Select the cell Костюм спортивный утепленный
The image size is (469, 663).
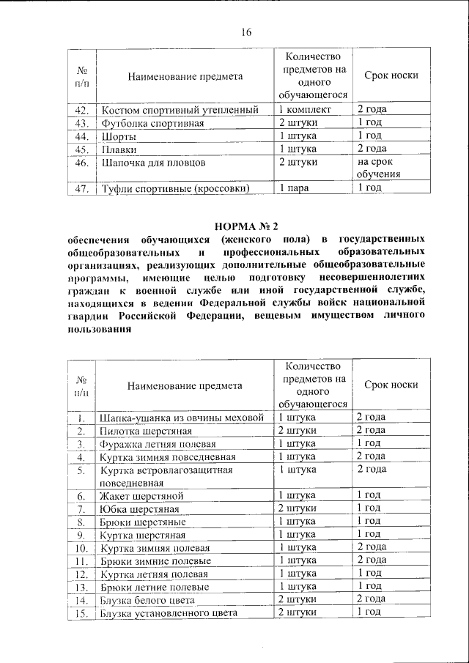coord(180,110)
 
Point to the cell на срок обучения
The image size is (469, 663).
coord(379,168)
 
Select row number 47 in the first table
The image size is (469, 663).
coord(81,188)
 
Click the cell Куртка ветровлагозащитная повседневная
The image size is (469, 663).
coord(166,475)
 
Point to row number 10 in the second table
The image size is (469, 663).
coord(81,548)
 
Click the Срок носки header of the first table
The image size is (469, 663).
coord(391,77)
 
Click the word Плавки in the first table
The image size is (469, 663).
coord(119,149)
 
